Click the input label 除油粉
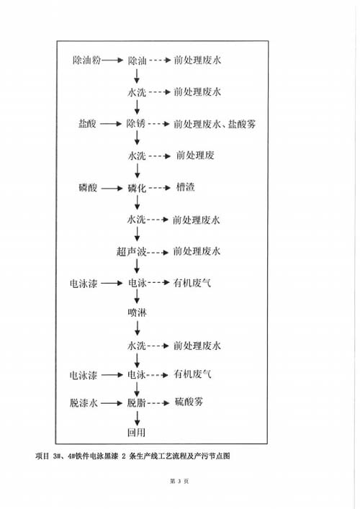point(86,60)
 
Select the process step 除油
point(137,60)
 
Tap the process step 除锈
point(135,124)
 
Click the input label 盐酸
point(87,124)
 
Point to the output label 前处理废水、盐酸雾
point(215,124)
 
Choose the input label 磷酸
point(88,188)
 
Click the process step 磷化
point(137,189)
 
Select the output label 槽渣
point(185,187)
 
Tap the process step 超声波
point(132,251)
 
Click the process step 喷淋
point(137,312)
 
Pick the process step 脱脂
point(136,403)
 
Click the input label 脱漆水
point(84,403)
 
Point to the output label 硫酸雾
point(189,402)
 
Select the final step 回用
point(136,433)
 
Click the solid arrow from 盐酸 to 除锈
point(111,124)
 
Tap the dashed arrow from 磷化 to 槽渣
point(160,188)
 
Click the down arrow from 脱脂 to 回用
point(137,418)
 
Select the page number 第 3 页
point(179,481)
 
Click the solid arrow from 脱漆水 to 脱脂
point(112,403)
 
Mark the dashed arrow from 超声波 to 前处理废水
point(158,252)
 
